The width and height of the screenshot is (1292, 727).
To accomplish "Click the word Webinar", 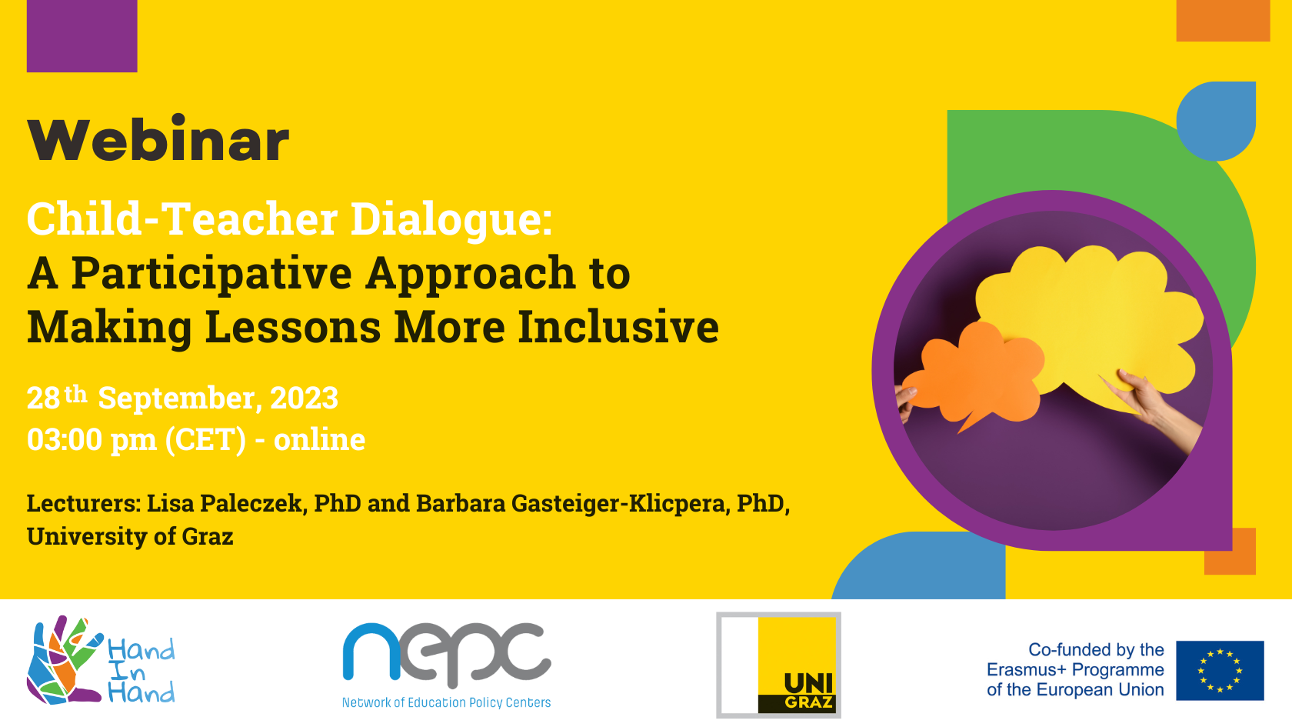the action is click(158, 139).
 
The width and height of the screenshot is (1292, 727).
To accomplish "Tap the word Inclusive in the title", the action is click(618, 327).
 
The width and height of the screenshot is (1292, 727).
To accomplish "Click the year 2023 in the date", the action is click(304, 398).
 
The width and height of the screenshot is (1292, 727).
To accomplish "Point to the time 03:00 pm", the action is click(92, 440).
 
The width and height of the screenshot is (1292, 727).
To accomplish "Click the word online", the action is click(320, 439).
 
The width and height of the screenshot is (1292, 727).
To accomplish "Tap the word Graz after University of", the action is click(208, 537).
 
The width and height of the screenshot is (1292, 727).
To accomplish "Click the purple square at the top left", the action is click(82, 35).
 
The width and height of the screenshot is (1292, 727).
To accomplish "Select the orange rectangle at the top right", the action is click(1223, 21).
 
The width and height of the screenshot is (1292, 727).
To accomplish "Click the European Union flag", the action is click(1220, 671).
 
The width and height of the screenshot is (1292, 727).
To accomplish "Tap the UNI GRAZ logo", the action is click(778, 665).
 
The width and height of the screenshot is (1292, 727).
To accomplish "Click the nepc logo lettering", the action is click(447, 654).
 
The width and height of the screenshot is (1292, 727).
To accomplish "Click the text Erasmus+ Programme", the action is click(1075, 670).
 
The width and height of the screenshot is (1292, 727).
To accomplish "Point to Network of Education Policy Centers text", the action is click(446, 703).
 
